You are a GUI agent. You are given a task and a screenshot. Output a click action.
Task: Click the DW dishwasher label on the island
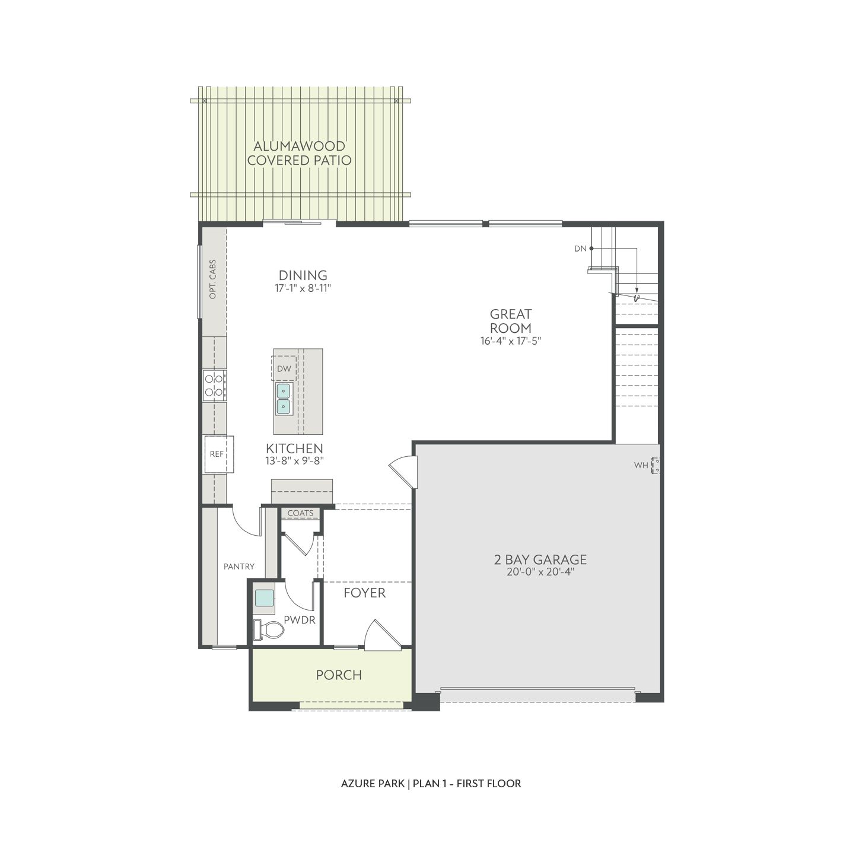(284, 368)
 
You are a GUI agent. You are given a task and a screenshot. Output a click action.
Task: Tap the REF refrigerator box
(218, 454)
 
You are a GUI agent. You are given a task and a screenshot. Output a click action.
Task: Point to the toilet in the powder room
(268, 629)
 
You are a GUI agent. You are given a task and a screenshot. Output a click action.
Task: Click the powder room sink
(264, 598)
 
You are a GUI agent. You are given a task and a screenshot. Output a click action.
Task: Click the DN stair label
(580, 249)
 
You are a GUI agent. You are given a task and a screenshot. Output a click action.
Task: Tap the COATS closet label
(300, 513)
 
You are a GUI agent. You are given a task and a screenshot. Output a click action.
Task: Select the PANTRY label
(239, 567)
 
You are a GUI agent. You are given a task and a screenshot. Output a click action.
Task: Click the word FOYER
(364, 593)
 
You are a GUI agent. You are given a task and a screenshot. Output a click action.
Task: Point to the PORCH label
(339, 675)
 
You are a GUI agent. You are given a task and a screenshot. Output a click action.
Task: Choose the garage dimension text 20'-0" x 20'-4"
(540, 572)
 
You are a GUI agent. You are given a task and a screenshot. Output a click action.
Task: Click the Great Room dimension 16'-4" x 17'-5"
(510, 341)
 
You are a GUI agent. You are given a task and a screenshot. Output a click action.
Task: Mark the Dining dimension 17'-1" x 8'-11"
(303, 288)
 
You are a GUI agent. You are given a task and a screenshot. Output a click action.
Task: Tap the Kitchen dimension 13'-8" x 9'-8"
(294, 461)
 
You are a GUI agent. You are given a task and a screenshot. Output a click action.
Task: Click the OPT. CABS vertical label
(213, 279)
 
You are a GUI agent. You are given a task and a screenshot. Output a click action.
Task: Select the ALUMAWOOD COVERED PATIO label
(299, 153)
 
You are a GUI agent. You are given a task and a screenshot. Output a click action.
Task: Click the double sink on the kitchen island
(284, 398)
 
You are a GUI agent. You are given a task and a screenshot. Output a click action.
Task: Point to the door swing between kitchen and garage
(403, 469)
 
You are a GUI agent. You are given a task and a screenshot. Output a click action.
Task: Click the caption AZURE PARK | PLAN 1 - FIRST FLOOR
(431, 784)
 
